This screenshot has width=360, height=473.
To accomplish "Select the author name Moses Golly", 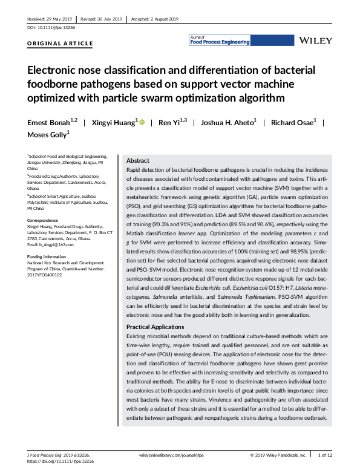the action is (x=47, y=134).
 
